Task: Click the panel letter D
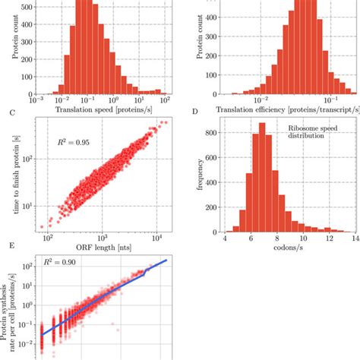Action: pos(195,112)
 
